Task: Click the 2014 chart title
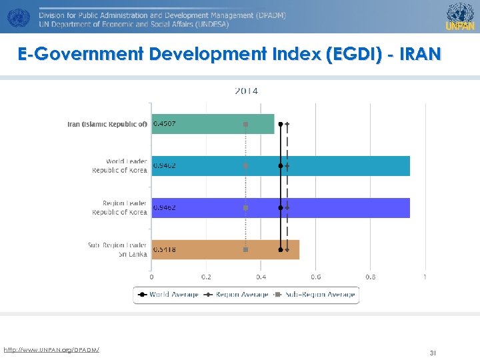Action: click(246, 91)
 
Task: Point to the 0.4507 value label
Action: click(165, 124)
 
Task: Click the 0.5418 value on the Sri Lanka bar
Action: click(165, 249)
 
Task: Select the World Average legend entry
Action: click(168, 294)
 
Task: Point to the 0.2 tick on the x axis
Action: click(206, 277)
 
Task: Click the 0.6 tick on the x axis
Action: click(315, 277)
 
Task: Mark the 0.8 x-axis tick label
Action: click(370, 277)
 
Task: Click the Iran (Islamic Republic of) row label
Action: click(107, 124)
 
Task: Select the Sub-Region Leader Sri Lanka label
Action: click(117, 249)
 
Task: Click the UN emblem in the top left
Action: click(17, 17)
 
